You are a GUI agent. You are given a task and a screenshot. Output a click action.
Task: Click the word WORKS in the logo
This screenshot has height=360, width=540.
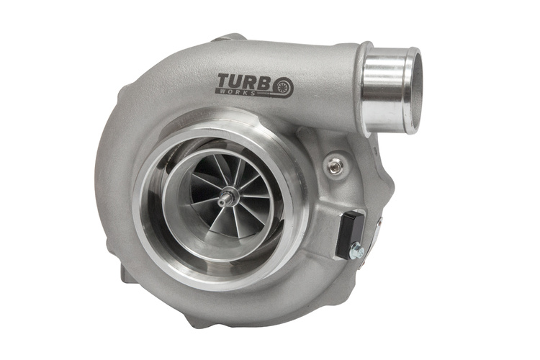coord(241,92)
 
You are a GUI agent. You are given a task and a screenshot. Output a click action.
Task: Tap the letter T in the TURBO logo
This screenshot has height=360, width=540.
coord(222,81)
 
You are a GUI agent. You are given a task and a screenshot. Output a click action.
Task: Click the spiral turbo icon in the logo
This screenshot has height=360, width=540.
coord(284,87)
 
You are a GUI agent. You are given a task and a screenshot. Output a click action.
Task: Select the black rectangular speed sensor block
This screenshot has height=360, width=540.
coord(351,235)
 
